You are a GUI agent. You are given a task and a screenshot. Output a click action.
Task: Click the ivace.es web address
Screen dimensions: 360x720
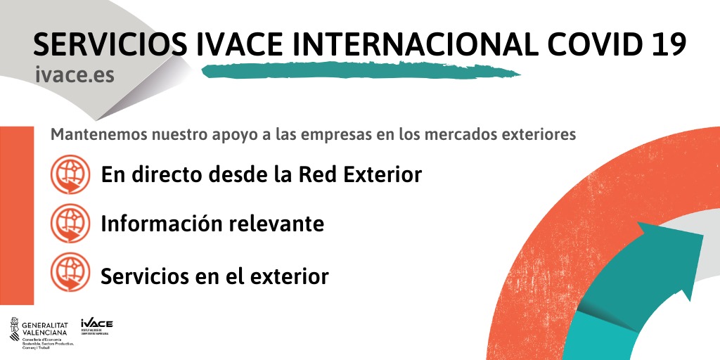point(77,75)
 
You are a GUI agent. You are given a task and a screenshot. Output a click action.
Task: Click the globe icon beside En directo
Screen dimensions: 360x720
point(70,174)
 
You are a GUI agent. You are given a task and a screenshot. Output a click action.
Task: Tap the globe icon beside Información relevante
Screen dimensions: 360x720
point(70,224)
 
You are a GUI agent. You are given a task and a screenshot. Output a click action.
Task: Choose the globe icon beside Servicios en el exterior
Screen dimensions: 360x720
point(70,273)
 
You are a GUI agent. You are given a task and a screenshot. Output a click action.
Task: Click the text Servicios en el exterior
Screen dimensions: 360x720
point(214,276)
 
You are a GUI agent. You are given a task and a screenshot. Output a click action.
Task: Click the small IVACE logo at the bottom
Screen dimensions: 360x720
point(96,324)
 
